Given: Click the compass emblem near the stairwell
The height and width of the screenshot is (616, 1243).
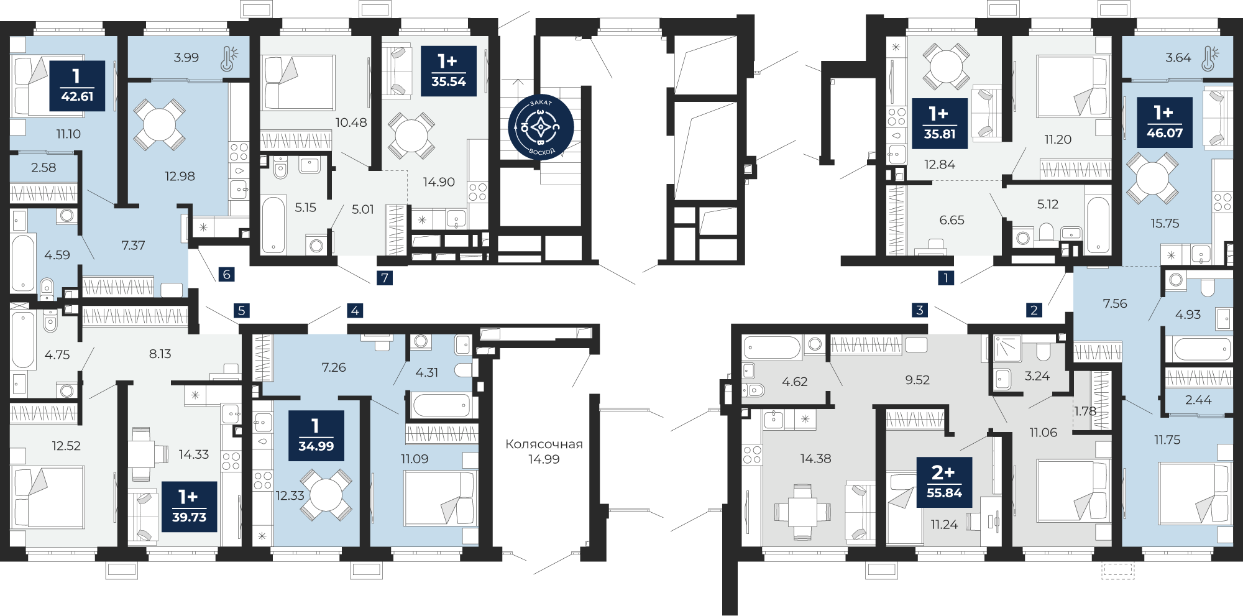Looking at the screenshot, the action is tap(541, 127).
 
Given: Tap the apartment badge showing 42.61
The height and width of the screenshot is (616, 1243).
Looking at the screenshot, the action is tap(77, 86).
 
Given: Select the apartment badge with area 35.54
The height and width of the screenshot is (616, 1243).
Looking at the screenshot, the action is tap(449, 71).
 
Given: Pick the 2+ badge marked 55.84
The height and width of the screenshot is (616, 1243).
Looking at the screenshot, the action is tap(944, 482).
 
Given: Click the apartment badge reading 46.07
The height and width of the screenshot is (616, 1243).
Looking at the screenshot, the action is tap(1165, 122).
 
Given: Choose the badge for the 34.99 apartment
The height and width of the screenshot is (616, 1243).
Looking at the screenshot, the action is tap(316, 436).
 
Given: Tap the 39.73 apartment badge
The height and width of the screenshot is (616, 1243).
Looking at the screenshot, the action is tap(189, 507).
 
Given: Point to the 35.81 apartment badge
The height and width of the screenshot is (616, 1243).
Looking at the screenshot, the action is tap(940, 124).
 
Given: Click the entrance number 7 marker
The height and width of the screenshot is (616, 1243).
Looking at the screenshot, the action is tap(385, 278).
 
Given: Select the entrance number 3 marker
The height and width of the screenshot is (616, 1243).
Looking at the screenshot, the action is tap(920, 310).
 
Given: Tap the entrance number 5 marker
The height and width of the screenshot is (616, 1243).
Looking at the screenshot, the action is tap(242, 310).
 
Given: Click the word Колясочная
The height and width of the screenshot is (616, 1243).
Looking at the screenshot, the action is tap(544, 444).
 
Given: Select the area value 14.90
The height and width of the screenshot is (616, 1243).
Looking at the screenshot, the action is tap(439, 182).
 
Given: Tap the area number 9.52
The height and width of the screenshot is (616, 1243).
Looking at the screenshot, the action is tap(917, 380).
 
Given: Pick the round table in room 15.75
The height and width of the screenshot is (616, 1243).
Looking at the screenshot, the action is tap(1152, 178).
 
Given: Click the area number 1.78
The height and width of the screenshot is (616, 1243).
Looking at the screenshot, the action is tap(1085, 411).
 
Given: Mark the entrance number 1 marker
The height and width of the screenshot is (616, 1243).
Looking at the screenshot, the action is tap(946, 278).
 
